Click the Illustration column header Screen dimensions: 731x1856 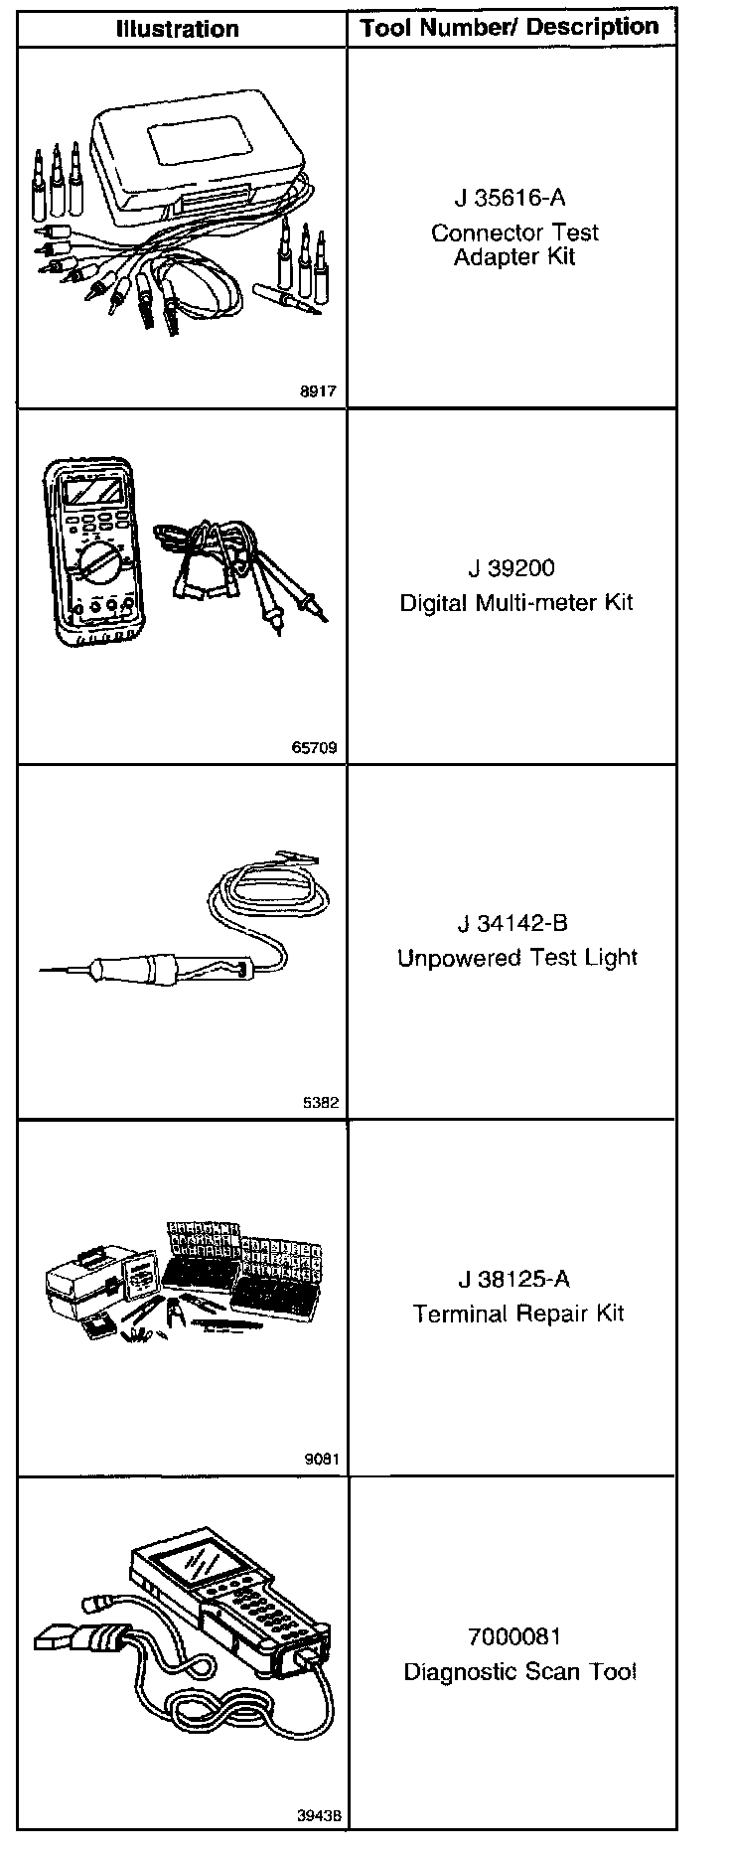pyautogui.click(x=178, y=29)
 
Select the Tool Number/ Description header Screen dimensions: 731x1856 pyautogui.click(x=511, y=28)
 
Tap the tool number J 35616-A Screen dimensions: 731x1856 pyautogui.click(x=513, y=199)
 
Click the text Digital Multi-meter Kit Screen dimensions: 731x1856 pyautogui.click(x=515, y=602)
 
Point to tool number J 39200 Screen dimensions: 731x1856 pyautogui.click(x=512, y=568)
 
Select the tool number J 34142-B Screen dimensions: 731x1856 pyautogui.click(x=512, y=923)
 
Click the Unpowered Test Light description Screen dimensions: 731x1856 pyautogui.click(x=516, y=958)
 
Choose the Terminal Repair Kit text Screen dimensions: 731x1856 pyautogui.click(x=517, y=1314)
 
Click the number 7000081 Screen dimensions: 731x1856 pyautogui.click(x=513, y=1636)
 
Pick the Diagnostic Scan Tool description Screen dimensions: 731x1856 pyautogui.click(x=518, y=1671)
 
